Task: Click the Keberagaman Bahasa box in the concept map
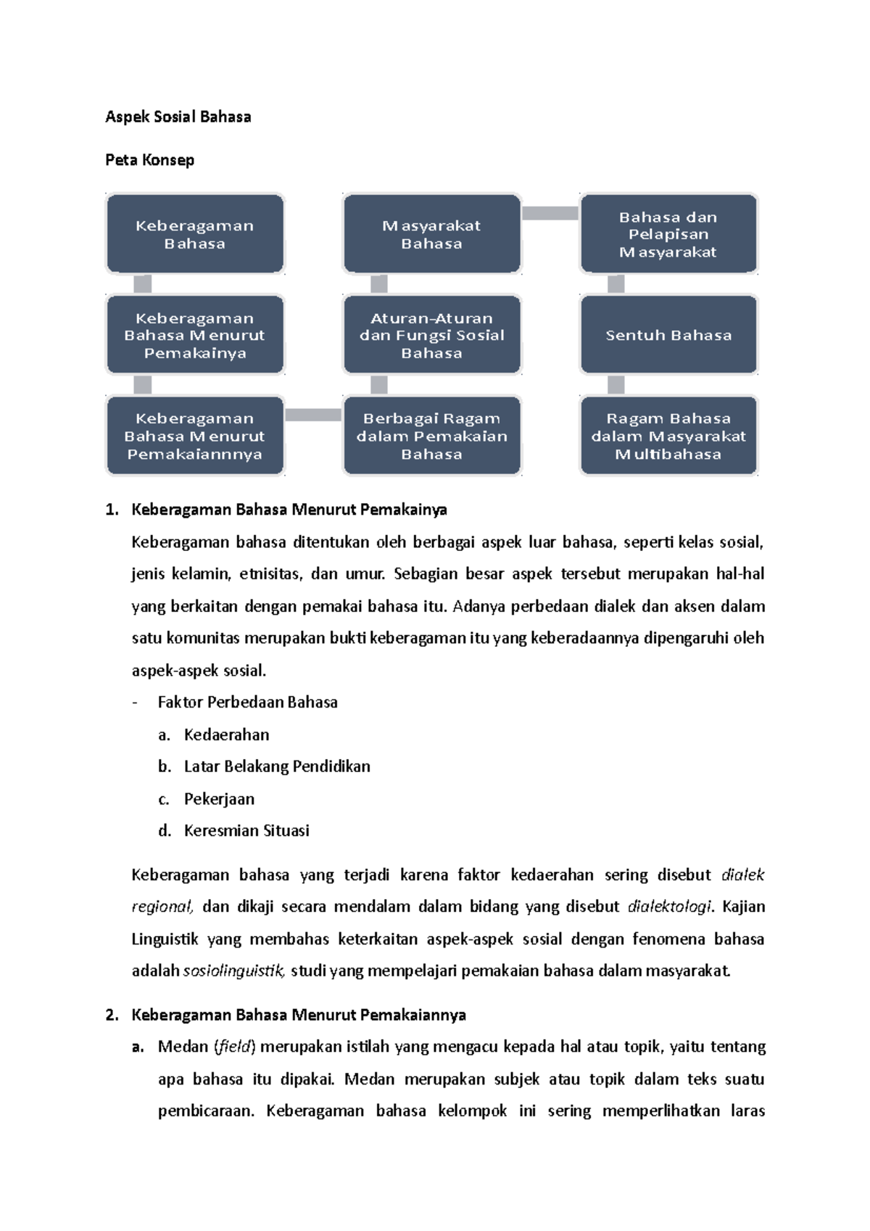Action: pyautogui.click(x=194, y=234)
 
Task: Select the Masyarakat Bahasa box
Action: pyautogui.click(x=431, y=234)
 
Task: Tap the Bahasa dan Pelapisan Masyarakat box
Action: pyautogui.click(x=668, y=234)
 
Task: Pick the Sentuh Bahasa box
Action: pyautogui.click(x=668, y=335)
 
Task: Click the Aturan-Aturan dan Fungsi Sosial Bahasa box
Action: pyautogui.click(x=431, y=335)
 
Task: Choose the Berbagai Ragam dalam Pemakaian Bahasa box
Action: pyautogui.click(x=431, y=436)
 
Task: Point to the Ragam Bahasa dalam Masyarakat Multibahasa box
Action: pyautogui.click(x=668, y=436)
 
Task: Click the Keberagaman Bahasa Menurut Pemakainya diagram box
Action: pyautogui.click(x=194, y=335)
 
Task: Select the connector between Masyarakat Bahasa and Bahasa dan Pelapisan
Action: pyautogui.click(x=550, y=213)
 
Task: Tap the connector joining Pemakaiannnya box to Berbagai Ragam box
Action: pyautogui.click(x=313, y=415)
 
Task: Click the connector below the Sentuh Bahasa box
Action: pyautogui.click(x=616, y=385)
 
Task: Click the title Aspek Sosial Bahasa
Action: pyautogui.click(x=178, y=117)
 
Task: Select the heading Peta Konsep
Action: pyautogui.click(x=149, y=160)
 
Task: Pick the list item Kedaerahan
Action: pyautogui.click(x=226, y=734)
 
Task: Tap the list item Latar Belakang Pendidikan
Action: pyautogui.click(x=277, y=766)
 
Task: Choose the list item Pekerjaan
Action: pyautogui.click(x=219, y=799)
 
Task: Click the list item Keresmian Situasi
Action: pyautogui.click(x=246, y=831)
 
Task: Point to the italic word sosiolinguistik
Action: pyautogui.click(x=234, y=971)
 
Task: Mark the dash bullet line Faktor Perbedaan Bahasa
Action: pyautogui.click(x=247, y=702)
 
